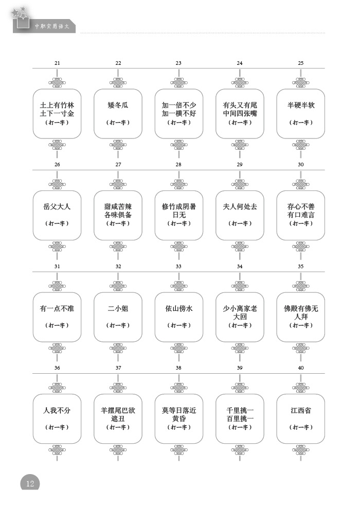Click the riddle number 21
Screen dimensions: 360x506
(x=57, y=63)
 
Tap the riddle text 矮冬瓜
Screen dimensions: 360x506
(x=118, y=106)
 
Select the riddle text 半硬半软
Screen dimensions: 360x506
(x=301, y=106)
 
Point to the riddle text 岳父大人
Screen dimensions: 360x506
(x=57, y=207)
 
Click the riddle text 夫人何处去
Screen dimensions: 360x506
(x=240, y=207)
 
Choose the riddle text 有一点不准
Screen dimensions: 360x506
(x=57, y=309)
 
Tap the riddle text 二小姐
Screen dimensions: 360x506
(x=118, y=309)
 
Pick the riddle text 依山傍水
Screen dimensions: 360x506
(x=178, y=309)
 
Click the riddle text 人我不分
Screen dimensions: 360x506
(x=57, y=411)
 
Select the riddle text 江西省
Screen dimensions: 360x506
(x=301, y=411)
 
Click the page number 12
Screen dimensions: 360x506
(x=30, y=483)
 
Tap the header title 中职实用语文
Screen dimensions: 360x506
(x=52, y=26)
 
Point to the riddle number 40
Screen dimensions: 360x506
(x=301, y=368)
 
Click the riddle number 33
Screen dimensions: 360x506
(x=178, y=267)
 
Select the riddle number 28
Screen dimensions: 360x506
(x=178, y=165)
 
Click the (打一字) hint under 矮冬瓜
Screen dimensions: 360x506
(x=118, y=123)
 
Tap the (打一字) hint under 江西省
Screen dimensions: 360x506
(x=301, y=427)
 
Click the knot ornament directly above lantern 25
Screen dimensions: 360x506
(x=301, y=82)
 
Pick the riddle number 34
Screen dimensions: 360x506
(x=240, y=267)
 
